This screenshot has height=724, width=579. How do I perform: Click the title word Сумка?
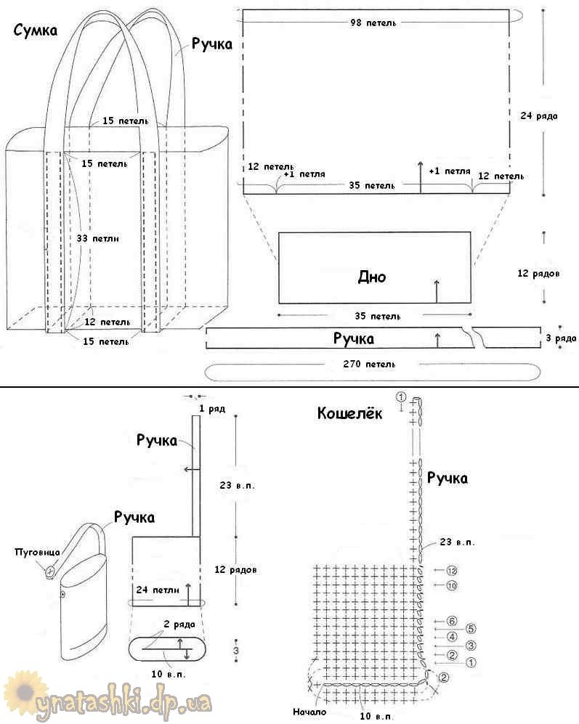point(36,30)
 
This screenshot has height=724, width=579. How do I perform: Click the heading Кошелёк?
point(350,412)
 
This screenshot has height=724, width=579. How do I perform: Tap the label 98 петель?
point(373,23)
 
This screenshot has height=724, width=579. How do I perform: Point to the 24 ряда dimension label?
point(539,115)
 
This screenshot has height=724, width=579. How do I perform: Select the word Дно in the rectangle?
point(372,277)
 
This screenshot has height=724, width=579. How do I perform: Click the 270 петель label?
point(369,364)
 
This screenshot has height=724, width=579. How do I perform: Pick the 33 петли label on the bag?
point(97,238)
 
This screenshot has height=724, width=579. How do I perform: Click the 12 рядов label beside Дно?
point(538,273)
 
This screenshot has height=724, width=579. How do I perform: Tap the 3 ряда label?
point(561,338)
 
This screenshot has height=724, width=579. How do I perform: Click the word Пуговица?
point(37,552)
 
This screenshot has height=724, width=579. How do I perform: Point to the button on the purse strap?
point(50,571)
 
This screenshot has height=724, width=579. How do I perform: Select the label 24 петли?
point(157,590)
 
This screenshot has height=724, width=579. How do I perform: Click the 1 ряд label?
point(213,409)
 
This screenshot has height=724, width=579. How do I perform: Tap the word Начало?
point(309,712)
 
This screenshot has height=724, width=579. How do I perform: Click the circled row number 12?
point(452,571)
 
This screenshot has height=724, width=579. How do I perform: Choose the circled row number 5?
point(471,628)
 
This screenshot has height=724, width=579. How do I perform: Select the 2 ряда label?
point(179,625)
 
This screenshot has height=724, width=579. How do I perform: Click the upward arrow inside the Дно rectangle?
point(437,291)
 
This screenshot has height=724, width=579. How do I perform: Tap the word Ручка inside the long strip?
point(354,338)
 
